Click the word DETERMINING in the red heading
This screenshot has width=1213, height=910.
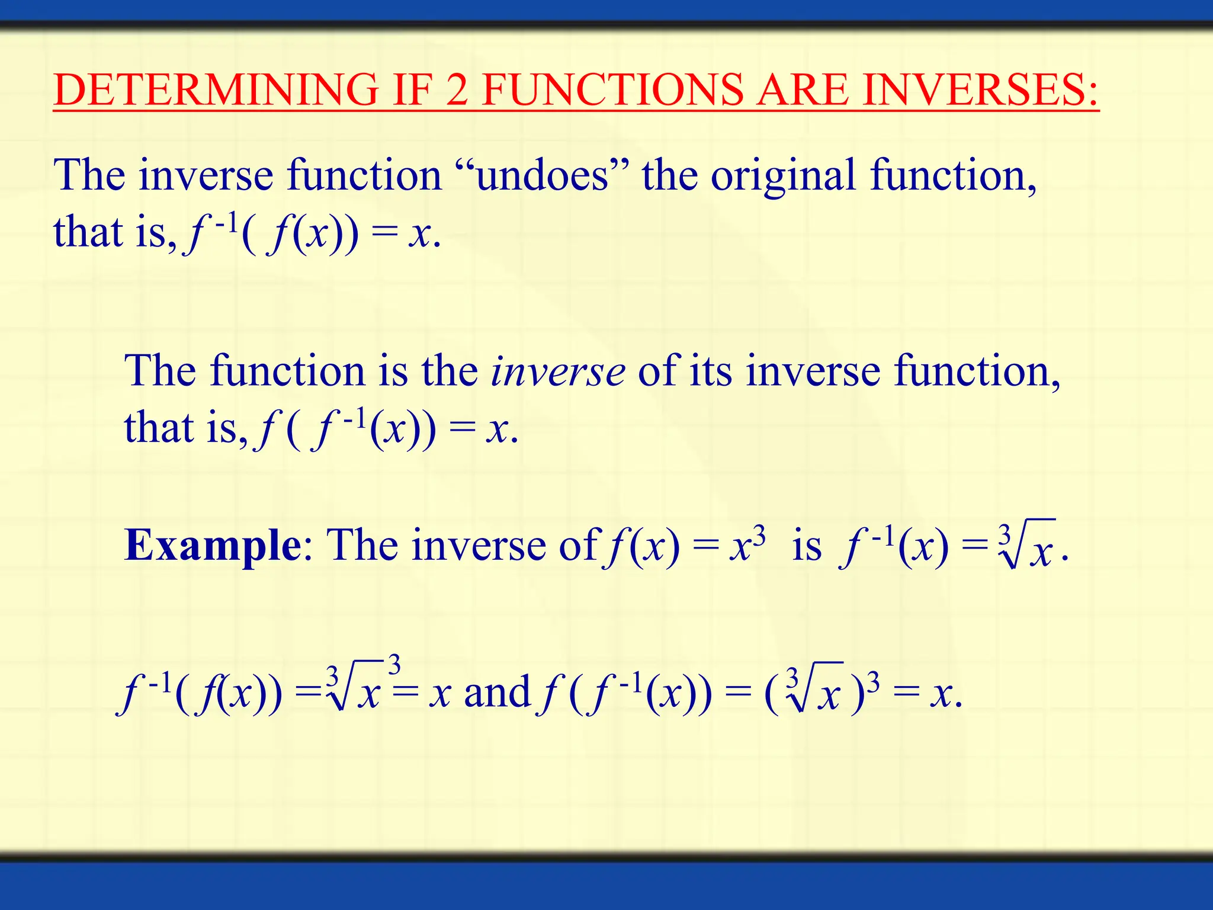click(x=216, y=90)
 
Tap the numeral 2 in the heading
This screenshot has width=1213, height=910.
click(x=457, y=90)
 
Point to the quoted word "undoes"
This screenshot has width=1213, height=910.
click(x=542, y=175)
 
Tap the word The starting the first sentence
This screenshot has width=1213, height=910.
click(x=89, y=175)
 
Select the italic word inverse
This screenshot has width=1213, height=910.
click(x=557, y=372)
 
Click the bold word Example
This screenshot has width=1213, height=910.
click(x=213, y=545)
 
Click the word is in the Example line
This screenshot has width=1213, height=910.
click(x=807, y=545)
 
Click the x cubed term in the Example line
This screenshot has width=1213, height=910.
click(x=747, y=544)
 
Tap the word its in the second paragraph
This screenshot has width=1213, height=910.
click(x=710, y=371)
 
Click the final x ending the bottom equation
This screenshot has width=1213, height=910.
click(x=942, y=694)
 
